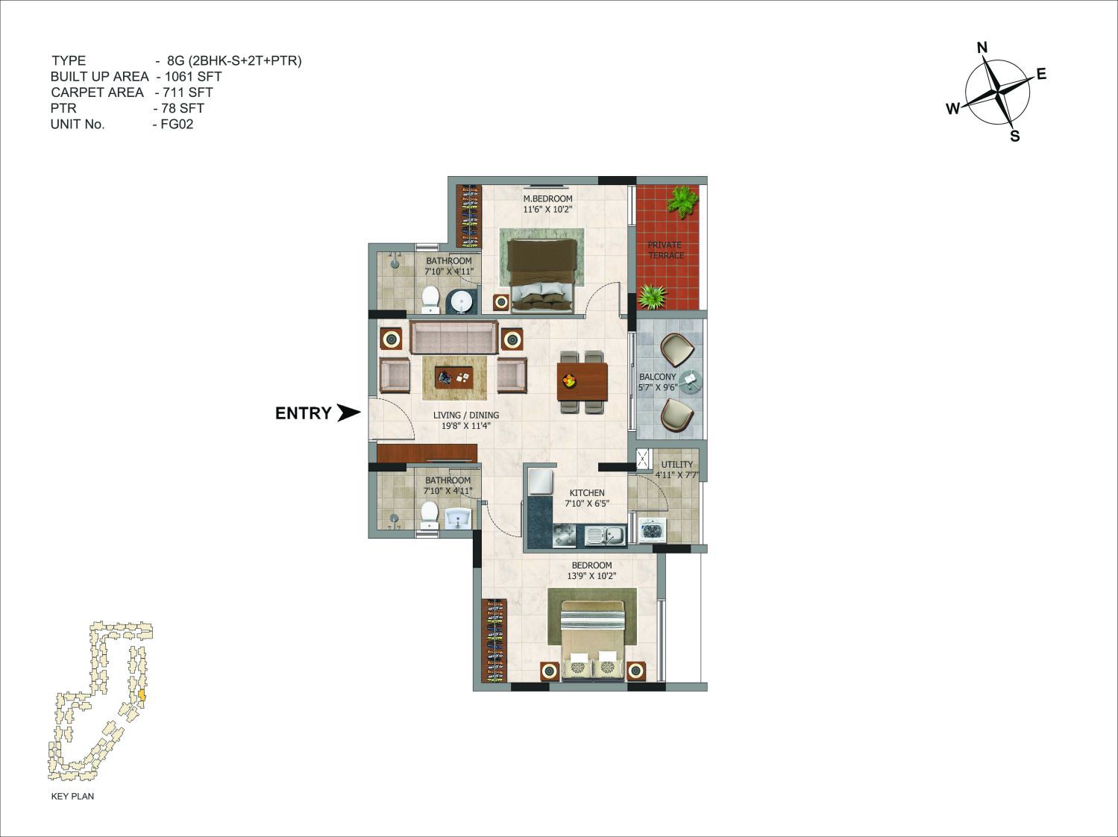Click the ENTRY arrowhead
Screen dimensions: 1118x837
tap(348, 413)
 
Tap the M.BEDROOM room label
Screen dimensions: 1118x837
tap(547, 198)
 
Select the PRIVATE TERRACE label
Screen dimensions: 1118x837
tap(665, 250)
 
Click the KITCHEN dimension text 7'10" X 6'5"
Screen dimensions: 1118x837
tap(587, 504)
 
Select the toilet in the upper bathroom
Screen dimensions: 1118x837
tap(431, 300)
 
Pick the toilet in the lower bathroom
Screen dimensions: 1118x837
tap(429, 515)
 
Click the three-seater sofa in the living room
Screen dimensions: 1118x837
tap(453, 337)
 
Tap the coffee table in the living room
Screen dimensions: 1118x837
tap(453, 377)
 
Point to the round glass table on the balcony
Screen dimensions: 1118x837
tap(690, 380)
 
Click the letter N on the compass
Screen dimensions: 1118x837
tap(982, 48)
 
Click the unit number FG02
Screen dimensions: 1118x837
tap(177, 125)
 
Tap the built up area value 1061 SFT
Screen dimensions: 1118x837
tap(193, 77)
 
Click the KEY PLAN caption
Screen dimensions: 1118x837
tap(72, 796)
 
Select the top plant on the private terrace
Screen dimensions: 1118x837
tap(682, 201)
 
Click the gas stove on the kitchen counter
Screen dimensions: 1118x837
tap(565, 536)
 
